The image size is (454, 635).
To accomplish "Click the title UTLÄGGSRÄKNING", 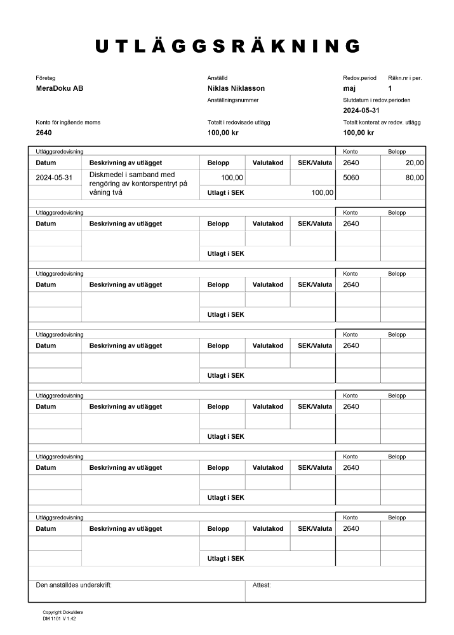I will point(228,46).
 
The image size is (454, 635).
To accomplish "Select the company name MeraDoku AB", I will point(60,88).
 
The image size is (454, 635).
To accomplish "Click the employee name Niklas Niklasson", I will point(236,88).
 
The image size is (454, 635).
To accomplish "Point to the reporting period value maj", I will point(349,88).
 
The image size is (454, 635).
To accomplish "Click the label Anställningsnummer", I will point(232,100).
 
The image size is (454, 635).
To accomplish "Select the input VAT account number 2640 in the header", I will point(44,133).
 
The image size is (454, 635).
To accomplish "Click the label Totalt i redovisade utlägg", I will point(239,122).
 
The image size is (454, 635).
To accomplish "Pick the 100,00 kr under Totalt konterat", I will point(358,133).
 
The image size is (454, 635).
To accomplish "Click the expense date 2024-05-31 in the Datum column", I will point(55,178).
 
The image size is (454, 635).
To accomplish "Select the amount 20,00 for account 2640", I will point(415,163).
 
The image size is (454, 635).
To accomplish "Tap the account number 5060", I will point(351,178).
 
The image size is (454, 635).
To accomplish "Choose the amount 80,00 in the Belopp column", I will point(415,178).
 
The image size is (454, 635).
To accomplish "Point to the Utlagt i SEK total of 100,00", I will point(322,192).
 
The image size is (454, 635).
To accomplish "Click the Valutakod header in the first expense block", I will point(267,163).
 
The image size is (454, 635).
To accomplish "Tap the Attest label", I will point(262,585).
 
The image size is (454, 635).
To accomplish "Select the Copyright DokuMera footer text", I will point(59,613).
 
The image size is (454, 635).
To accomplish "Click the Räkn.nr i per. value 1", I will point(390,88).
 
